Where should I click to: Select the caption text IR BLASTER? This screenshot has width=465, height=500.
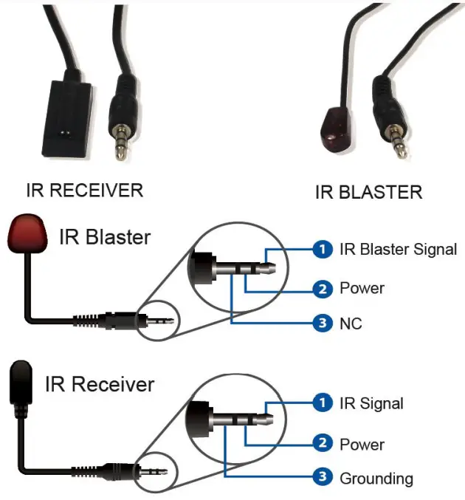pos(368,193)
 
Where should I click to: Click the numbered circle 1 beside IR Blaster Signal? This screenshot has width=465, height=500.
pos(321,250)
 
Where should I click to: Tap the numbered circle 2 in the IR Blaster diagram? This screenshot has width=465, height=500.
pos(321,288)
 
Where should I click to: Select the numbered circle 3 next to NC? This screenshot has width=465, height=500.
pos(321,323)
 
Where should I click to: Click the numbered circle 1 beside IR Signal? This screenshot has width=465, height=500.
pos(321,403)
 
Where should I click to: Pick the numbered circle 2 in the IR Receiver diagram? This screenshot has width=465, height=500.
pos(321,444)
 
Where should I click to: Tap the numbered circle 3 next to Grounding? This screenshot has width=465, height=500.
pos(321,478)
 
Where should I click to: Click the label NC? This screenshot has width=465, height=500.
pos(351,323)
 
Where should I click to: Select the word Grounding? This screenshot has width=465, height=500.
pos(376,479)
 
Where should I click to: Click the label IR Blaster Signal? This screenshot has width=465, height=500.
pos(398,250)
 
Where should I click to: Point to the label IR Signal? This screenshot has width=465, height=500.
pos(371,403)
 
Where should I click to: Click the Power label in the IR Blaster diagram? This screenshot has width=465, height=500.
pos(362,288)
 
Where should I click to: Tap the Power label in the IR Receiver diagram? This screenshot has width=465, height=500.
pos(362,445)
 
